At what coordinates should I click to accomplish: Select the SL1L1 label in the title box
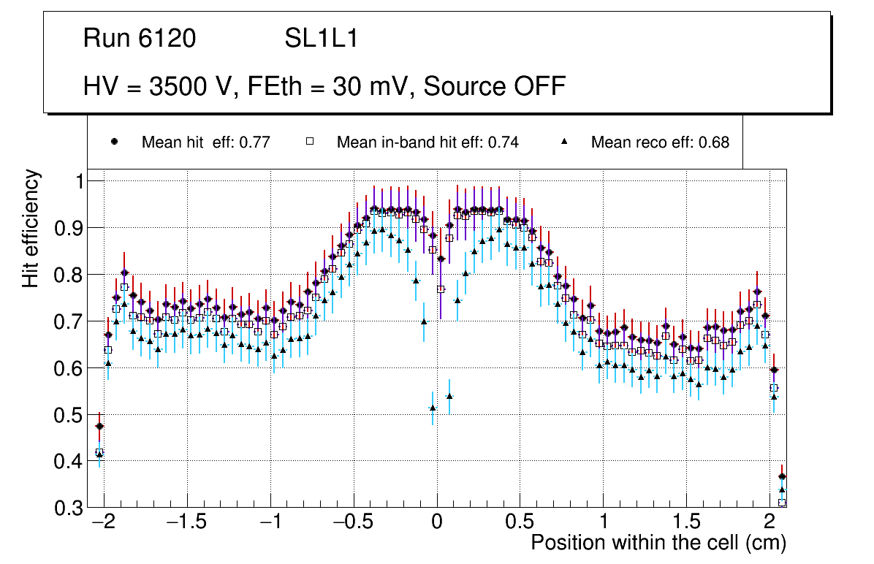pyautogui.click(x=321, y=39)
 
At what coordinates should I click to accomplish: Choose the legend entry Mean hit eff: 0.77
pyautogui.click(x=206, y=142)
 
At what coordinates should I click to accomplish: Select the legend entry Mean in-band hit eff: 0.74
pyautogui.click(x=427, y=142)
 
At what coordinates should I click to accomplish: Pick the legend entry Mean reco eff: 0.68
pyautogui.click(x=660, y=142)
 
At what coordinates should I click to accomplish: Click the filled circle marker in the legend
pyautogui.click(x=114, y=142)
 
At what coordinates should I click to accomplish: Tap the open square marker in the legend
pyautogui.click(x=309, y=142)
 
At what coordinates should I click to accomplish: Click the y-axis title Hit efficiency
pyautogui.click(x=31, y=228)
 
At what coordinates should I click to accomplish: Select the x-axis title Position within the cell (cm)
pyautogui.click(x=658, y=544)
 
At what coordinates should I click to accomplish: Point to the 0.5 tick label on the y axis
pyautogui.click(x=70, y=415)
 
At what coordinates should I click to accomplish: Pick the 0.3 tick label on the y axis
pyautogui.click(x=70, y=508)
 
